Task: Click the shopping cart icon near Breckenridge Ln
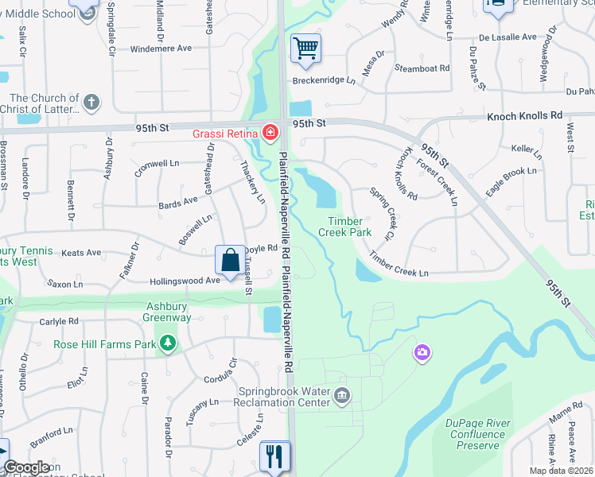305,48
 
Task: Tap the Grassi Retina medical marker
271,132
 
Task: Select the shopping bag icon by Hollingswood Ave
230,260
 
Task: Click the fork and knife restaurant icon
274,456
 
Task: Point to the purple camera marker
422,351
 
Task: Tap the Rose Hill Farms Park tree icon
167,343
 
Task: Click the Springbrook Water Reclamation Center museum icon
342,395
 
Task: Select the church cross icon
91,102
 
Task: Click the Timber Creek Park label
345,227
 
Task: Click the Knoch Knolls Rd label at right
525,115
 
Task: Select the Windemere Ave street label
161,48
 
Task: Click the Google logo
27,467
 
